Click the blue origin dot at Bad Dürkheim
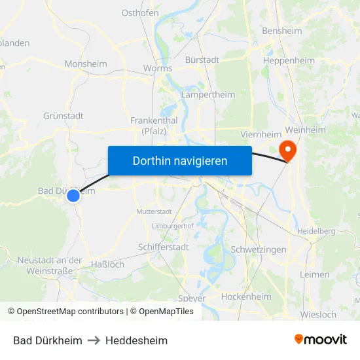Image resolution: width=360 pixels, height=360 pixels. point(73,195)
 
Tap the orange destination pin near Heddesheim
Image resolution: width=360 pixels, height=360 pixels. point(287,151)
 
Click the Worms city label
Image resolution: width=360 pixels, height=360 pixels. point(157,68)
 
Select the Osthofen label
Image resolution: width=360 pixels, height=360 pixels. point(141,12)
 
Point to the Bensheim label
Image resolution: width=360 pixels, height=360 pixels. point(281,31)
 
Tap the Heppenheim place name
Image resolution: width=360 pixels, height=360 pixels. point(289,61)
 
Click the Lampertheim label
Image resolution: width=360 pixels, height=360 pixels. point(207,95)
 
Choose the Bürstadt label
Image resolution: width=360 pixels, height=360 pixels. point(202,60)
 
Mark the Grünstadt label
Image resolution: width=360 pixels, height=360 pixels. point(63,116)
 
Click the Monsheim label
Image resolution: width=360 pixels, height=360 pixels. point(86,64)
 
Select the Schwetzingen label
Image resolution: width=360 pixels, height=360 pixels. point(259,250)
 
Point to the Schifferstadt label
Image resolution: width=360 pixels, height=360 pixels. point(164,247)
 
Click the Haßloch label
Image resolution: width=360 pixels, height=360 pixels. point(106,264)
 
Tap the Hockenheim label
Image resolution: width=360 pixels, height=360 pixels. point(246,297)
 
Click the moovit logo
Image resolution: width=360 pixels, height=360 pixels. point(320,340)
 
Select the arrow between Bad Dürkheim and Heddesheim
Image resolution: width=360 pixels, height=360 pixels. point(94,340)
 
